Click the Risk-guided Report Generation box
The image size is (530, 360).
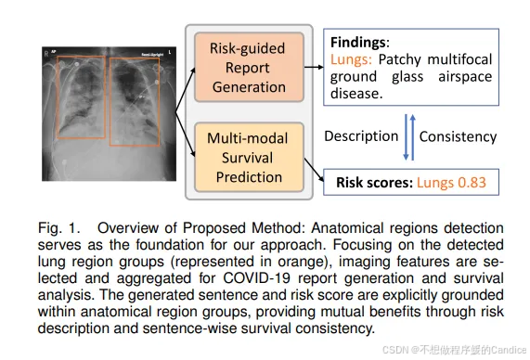coord(249,67)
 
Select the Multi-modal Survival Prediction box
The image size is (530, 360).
coord(249,157)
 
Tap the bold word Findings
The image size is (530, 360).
coord(358,43)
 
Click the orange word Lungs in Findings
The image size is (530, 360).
coord(351,59)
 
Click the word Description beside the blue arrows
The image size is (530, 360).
coord(361,136)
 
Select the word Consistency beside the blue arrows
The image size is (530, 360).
coord(458,137)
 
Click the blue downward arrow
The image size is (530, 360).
coord(407,137)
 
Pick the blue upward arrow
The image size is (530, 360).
coord(413,137)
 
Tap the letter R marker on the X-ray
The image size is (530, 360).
coord(46,54)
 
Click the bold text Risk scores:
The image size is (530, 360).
coord(374,183)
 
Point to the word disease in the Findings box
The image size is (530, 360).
coord(356,94)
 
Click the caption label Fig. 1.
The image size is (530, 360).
coord(58,228)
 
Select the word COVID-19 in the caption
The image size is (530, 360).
coord(256,278)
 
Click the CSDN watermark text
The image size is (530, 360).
coord(454,350)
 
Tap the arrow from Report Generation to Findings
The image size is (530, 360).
coord(314,67)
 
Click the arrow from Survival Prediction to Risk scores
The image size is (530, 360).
coord(314,170)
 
